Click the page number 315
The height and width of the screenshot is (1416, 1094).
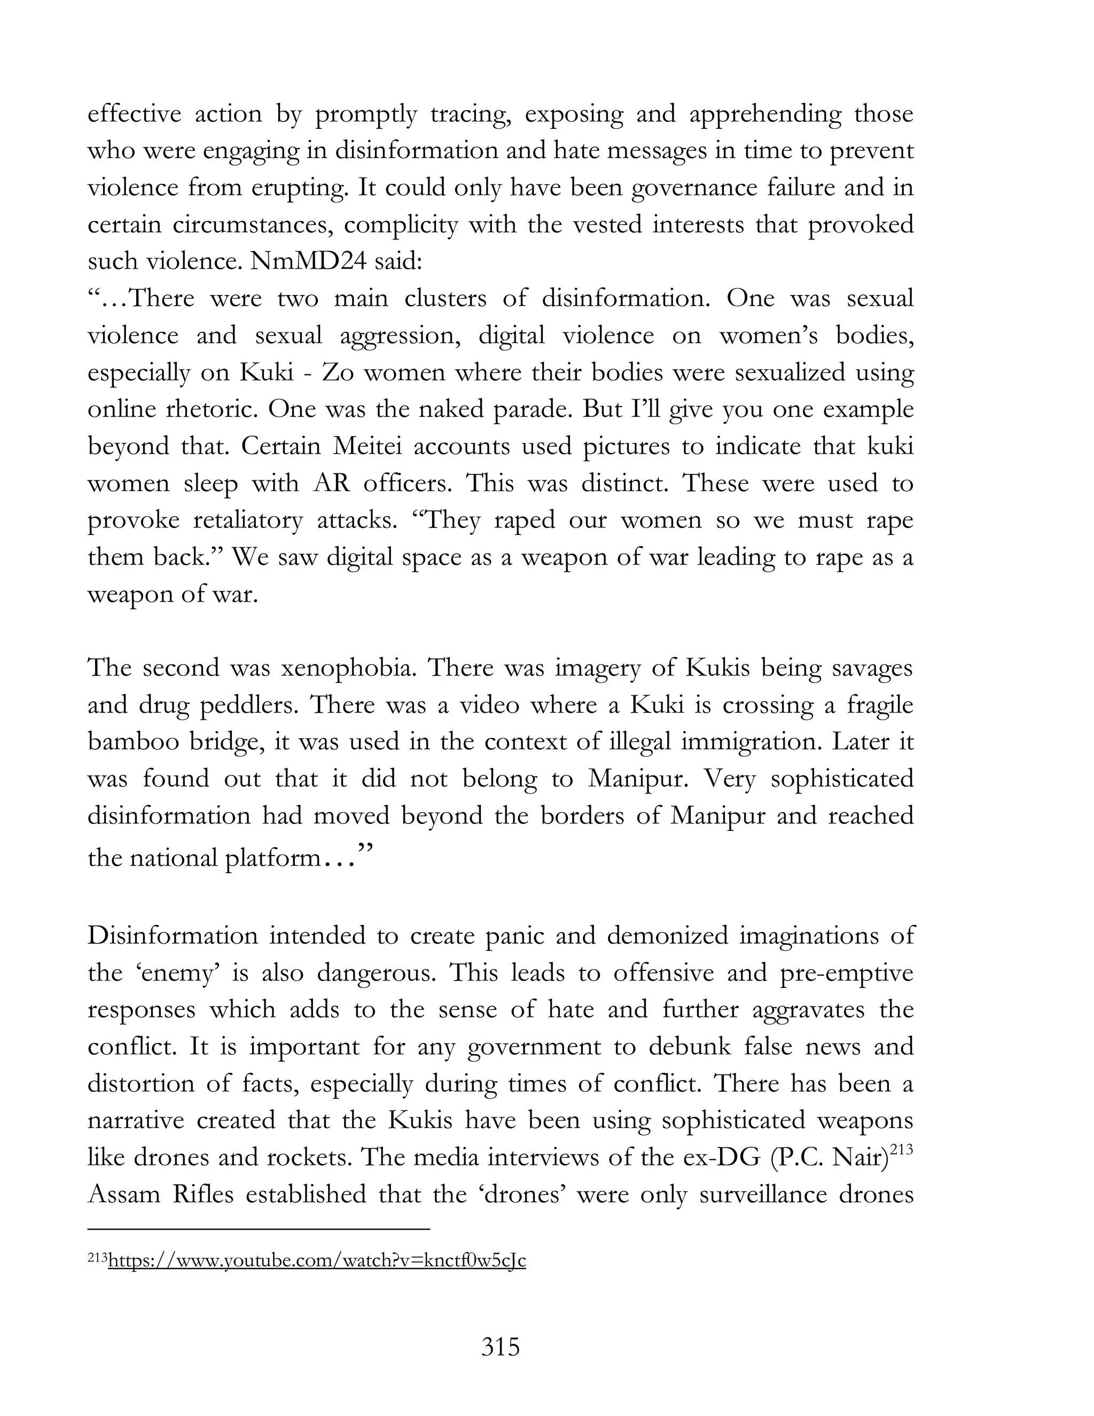click(x=501, y=1347)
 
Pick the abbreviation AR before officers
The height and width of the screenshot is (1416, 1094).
click(x=331, y=483)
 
